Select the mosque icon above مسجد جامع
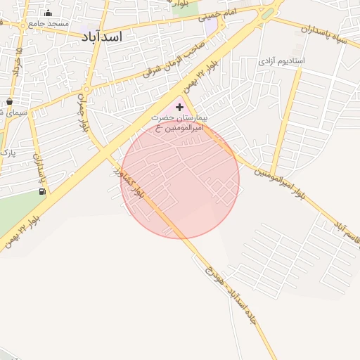point(48,13)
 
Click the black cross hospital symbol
point(180,107)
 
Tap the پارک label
point(7,152)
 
